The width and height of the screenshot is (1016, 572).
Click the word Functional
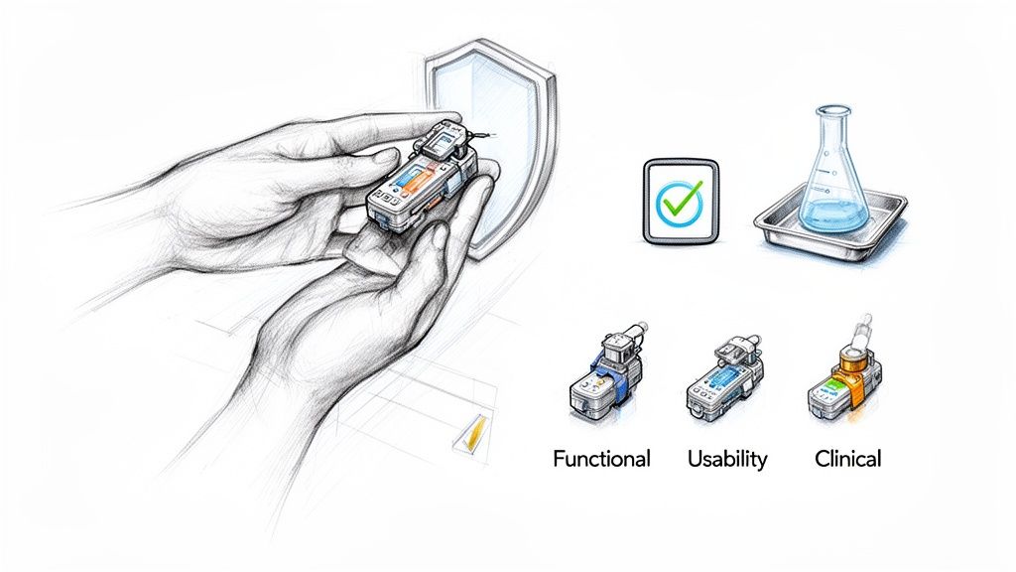click(601, 459)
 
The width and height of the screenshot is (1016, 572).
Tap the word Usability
click(727, 459)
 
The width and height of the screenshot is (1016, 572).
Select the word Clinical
click(847, 459)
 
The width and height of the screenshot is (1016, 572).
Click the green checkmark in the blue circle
click(680, 201)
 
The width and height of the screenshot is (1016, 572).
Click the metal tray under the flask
click(830, 228)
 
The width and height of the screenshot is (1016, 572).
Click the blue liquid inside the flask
click(832, 215)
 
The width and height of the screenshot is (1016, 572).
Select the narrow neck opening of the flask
click(831, 111)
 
